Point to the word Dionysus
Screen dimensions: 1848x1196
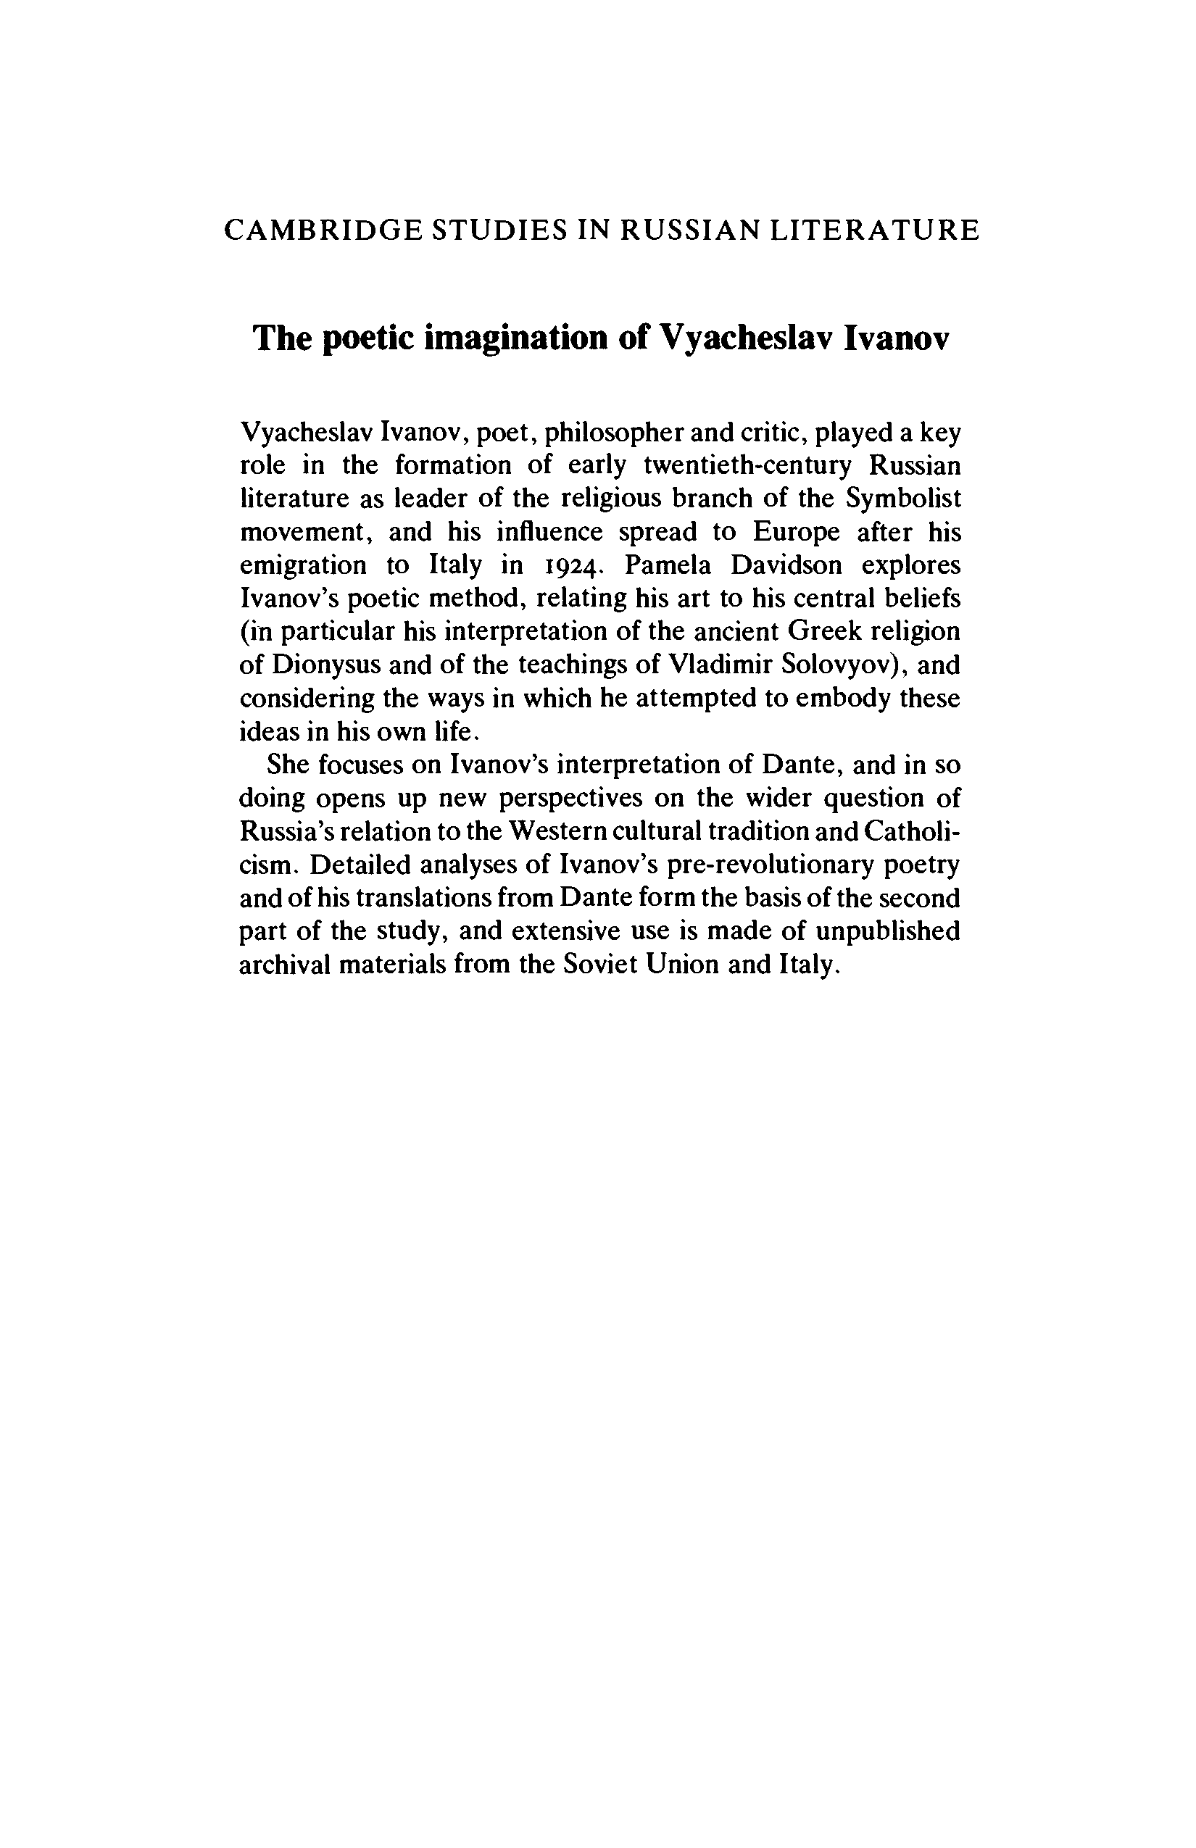[x=326, y=665]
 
